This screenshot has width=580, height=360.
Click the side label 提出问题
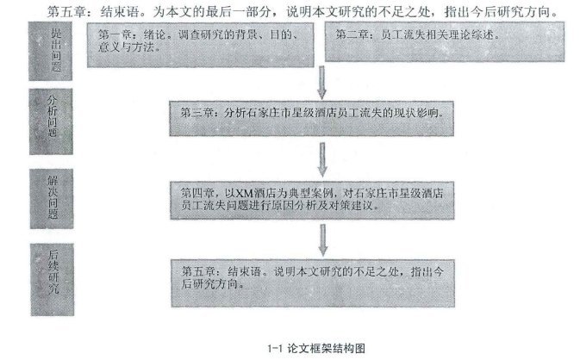click(x=50, y=51)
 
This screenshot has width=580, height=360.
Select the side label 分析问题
click(x=51, y=121)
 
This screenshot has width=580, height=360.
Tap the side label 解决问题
click(x=52, y=199)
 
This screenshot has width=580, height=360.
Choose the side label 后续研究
click(x=53, y=279)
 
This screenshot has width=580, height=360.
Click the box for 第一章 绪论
click(x=201, y=45)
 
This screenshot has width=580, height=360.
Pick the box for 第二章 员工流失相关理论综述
click(x=445, y=41)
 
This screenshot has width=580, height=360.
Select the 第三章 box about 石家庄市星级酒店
click(x=311, y=119)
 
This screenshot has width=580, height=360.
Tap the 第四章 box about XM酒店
click(x=312, y=201)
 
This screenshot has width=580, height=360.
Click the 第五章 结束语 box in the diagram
click(x=313, y=283)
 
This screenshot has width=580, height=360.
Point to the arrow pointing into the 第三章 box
click(x=321, y=83)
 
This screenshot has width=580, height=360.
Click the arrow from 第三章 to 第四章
click(x=322, y=159)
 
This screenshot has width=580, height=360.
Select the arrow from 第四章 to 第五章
click(x=323, y=240)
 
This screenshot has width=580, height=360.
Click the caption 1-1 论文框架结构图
click(x=316, y=348)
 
